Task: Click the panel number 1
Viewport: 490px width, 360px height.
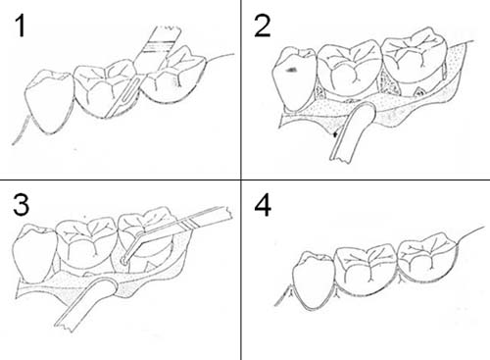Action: [21, 26]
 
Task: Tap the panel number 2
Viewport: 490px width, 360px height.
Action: [262, 26]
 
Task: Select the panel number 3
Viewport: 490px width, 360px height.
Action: [22, 205]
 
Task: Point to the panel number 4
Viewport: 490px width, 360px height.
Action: [263, 206]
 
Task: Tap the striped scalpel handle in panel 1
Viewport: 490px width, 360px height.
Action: [158, 48]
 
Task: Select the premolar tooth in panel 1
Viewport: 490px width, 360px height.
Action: [49, 101]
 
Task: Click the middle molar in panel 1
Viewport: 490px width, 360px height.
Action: [105, 88]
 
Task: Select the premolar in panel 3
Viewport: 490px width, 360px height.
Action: [33, 253]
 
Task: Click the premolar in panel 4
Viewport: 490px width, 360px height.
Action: [315, 281]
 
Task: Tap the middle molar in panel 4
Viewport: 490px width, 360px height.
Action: [367, 271]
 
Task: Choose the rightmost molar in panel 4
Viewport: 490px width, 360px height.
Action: [426, 257]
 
